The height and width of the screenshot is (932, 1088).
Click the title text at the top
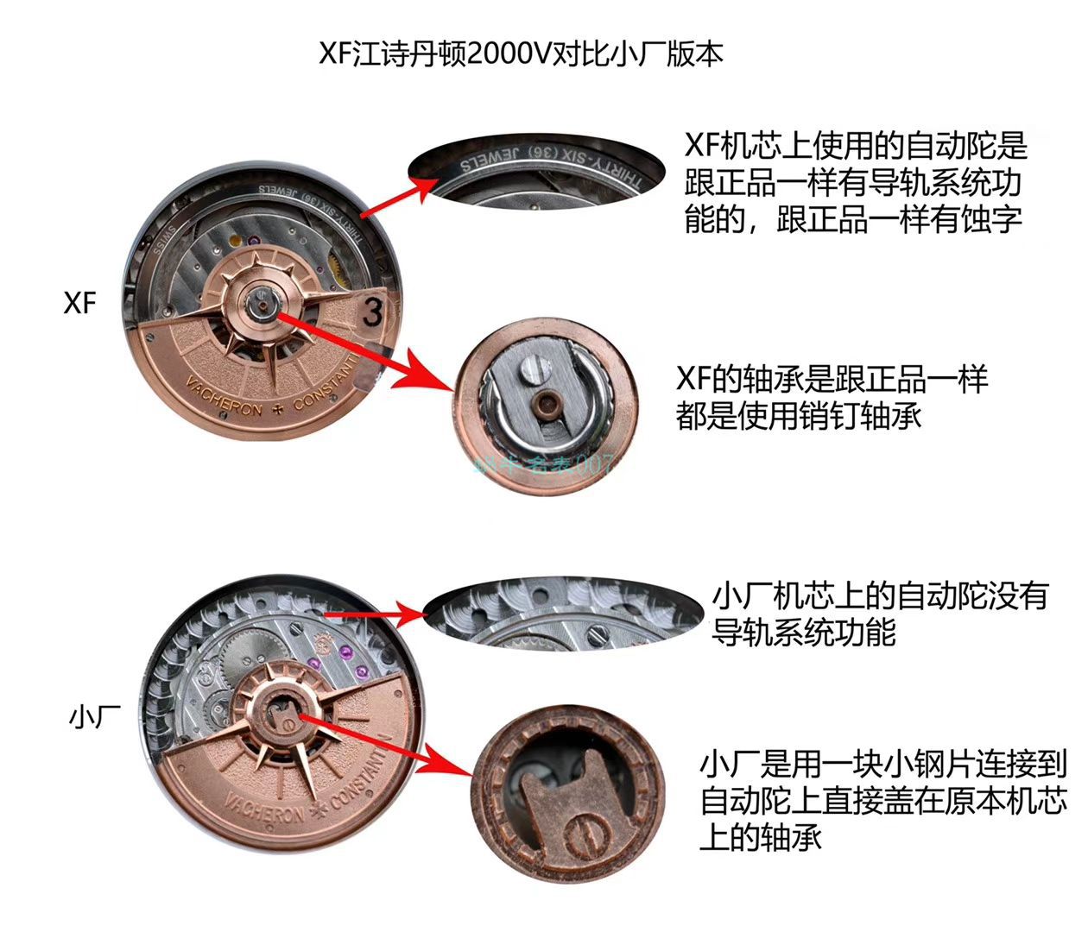[x=521, y=54]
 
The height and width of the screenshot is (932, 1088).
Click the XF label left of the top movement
[x=79, y=303]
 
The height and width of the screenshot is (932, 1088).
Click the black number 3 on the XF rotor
[x=372, y=312]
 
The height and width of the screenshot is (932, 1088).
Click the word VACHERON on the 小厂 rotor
[x=263, y=811]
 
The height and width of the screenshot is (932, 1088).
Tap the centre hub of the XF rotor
[x=262, y=300]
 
